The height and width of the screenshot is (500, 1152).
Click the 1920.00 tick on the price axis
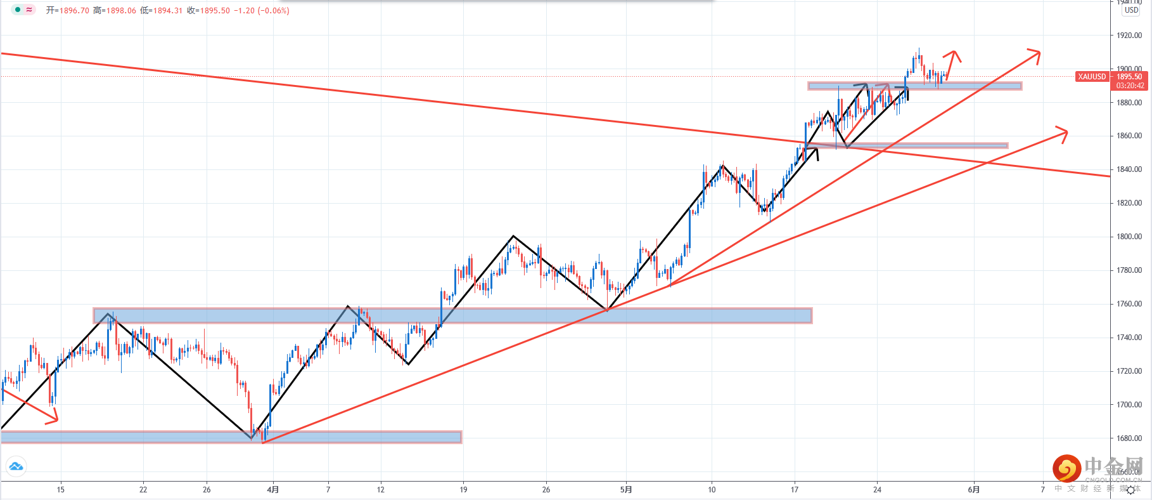click(1129, 36)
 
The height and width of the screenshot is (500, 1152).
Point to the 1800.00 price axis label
click(1129, 237)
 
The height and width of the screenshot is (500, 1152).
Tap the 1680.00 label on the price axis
click(1129, 438)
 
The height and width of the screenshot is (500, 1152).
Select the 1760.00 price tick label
click(1129, 304)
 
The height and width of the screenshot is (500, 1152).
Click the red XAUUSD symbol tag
click(1092, 77)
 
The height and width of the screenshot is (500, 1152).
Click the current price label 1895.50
click(1130, 77)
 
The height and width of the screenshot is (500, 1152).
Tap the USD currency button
click(1131, 10)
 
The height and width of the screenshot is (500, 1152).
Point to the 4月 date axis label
click(273, 489)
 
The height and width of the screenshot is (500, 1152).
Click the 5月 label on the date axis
click(626, 489)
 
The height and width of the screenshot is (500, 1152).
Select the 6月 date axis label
click(974, 489)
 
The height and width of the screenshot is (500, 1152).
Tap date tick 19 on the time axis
click(463, 489)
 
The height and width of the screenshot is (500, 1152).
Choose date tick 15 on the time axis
click(61, 489)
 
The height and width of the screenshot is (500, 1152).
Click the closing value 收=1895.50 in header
click(208, 11)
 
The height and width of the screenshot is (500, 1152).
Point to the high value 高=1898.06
click(115, 11)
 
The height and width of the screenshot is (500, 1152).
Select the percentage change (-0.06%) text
click(273, 11)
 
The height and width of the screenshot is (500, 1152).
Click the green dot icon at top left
click(18, 10)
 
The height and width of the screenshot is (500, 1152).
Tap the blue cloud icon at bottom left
click(16, 467)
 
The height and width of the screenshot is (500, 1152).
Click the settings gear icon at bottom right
click(1130, 490)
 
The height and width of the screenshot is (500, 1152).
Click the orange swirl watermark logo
click(1066, 469)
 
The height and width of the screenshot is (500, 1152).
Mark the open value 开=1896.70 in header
click(67, 11)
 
